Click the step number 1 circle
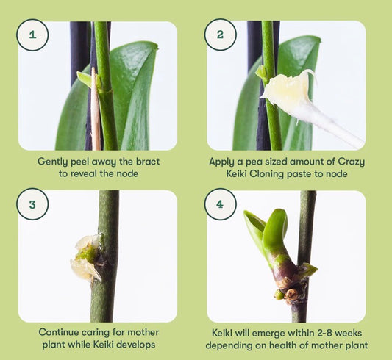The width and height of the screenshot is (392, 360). [32, 35]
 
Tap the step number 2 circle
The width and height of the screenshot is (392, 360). [220, 35]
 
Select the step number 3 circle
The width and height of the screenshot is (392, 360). [32, 204]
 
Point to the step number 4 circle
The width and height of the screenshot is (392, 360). [220, 204]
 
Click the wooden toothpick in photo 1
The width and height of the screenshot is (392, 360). [95, 110]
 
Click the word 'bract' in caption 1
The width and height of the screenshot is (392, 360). [148, 162]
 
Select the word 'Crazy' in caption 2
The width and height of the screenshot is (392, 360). [351, 162]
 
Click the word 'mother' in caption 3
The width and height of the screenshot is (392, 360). [143, 332]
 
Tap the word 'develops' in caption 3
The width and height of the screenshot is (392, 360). [136, 345]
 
